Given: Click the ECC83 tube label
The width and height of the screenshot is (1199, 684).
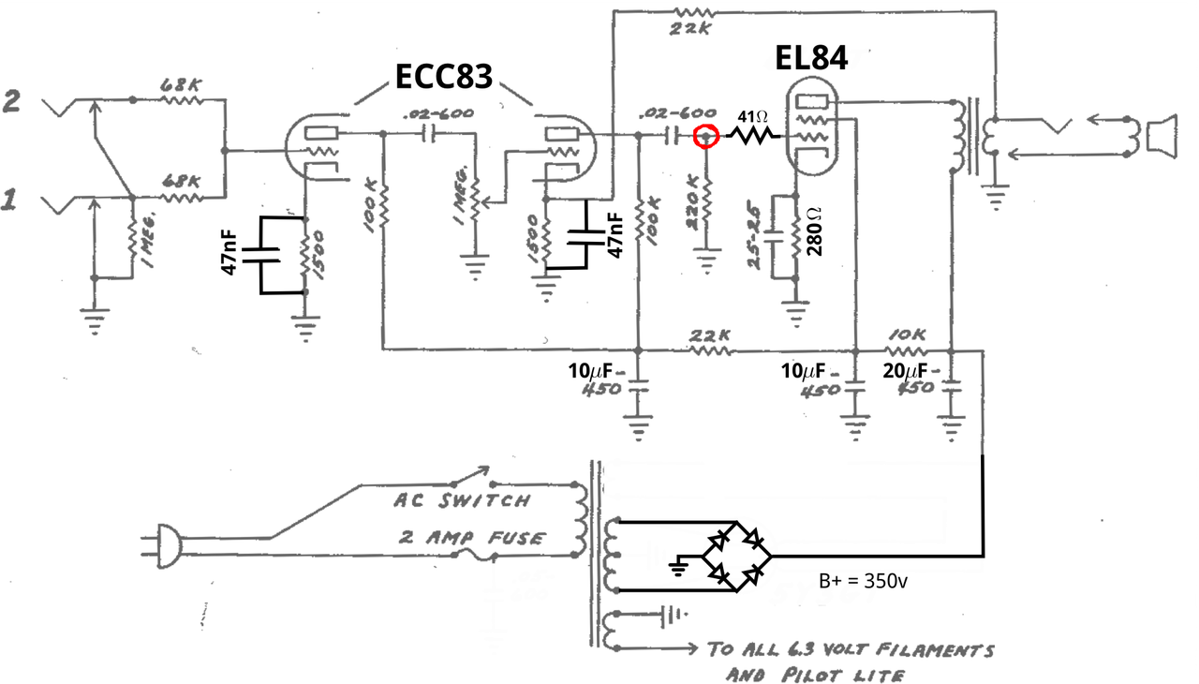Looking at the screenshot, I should click(443, 77).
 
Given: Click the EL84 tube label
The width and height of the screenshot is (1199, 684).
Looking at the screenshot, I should click(811, 57).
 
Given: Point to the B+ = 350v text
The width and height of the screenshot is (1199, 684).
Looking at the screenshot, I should click(862, 581).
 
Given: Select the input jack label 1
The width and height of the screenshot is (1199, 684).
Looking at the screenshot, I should click(10, 200).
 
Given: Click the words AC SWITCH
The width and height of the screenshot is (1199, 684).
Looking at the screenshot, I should click(462, 501).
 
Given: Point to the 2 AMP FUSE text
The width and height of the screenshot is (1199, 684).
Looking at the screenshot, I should click(471, 538).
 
